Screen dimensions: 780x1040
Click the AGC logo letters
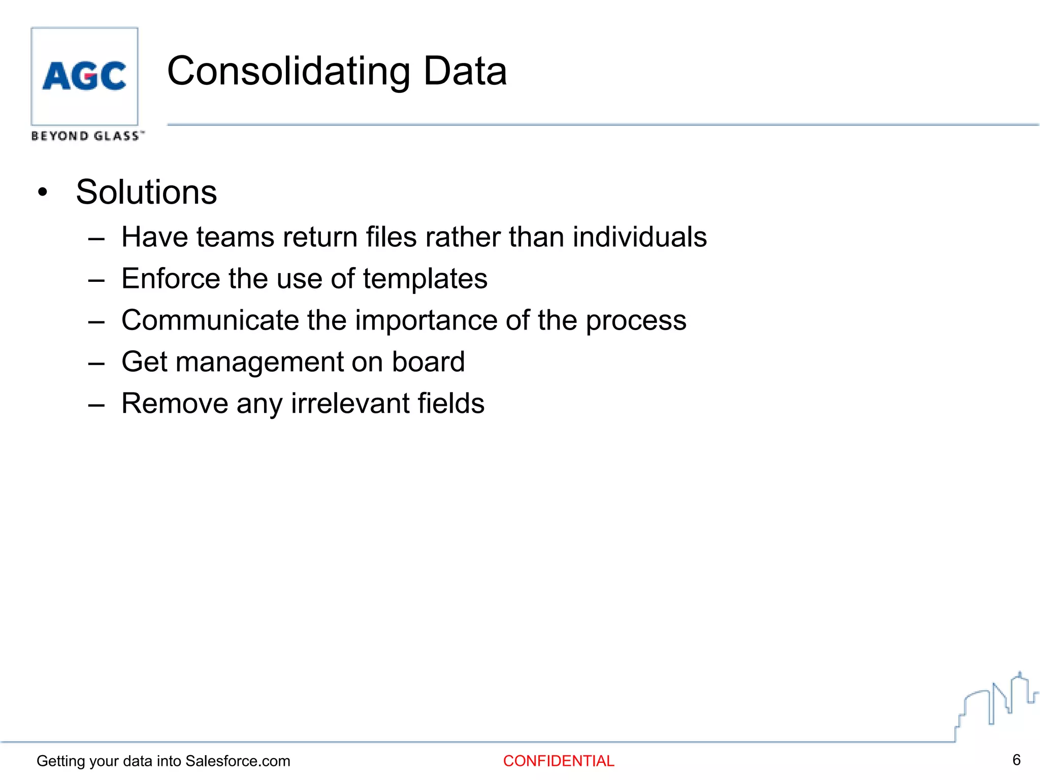tap(84, 76)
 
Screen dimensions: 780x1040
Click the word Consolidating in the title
tap(288, 71)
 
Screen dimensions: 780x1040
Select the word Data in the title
tap(465, 71)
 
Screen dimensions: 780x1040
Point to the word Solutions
tap(146, 192)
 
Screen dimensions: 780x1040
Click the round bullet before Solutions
tap(43, 192)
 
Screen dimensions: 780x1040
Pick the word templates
tap(425, 279)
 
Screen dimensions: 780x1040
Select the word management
tap(259, 363)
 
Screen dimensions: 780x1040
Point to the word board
tap(428, 362)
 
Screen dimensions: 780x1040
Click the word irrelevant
tap(350, 404)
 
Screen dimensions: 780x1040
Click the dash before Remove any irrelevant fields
tap(96, 405)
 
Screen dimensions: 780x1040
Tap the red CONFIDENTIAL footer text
tap(559, 761)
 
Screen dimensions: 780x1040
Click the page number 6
tap(1016, 760)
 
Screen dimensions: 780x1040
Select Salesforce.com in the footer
tap(238, 761)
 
